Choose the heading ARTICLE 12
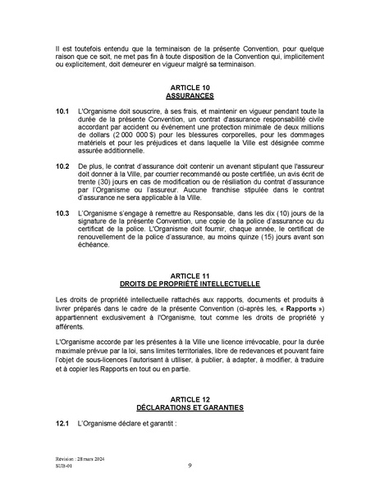[x=190, y=398]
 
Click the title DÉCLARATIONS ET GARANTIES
[x=190, y=406]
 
